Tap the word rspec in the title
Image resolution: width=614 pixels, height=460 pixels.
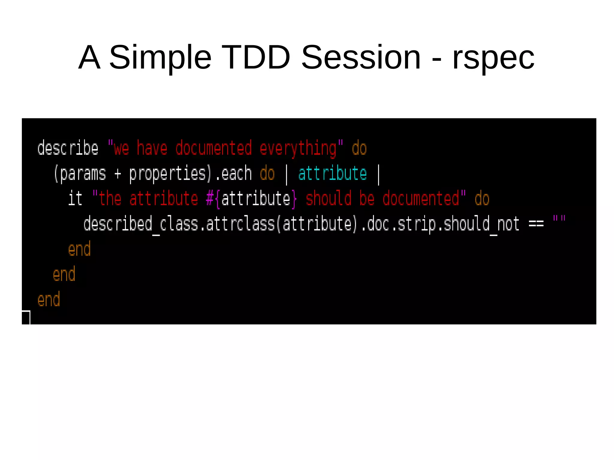point(493,58)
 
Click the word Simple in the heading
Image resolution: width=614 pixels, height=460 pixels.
point(160,58)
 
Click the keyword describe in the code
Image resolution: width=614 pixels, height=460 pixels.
point(68,148)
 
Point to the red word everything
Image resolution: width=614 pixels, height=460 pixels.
point(298,149)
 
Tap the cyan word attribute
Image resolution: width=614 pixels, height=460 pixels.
point(332,174)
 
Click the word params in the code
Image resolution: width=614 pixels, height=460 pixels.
point(83,174)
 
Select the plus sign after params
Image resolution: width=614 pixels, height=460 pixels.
point(118,174)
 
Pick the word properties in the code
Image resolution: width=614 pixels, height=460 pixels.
point(168,174)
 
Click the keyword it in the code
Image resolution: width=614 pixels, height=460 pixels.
point(75,198)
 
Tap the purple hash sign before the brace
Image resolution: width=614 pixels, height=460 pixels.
point(210,199)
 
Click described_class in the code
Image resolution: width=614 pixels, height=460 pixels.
point(121,224)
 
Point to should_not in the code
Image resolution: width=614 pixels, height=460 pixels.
point(481,224)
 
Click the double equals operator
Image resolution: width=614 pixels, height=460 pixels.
point(536,224)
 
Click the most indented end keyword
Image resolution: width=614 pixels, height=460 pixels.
point(79,249)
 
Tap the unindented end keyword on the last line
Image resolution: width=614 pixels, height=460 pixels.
point(49,299)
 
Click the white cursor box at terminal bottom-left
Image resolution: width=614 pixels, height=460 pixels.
point(26,318)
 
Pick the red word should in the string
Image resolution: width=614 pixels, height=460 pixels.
point(328,199)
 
